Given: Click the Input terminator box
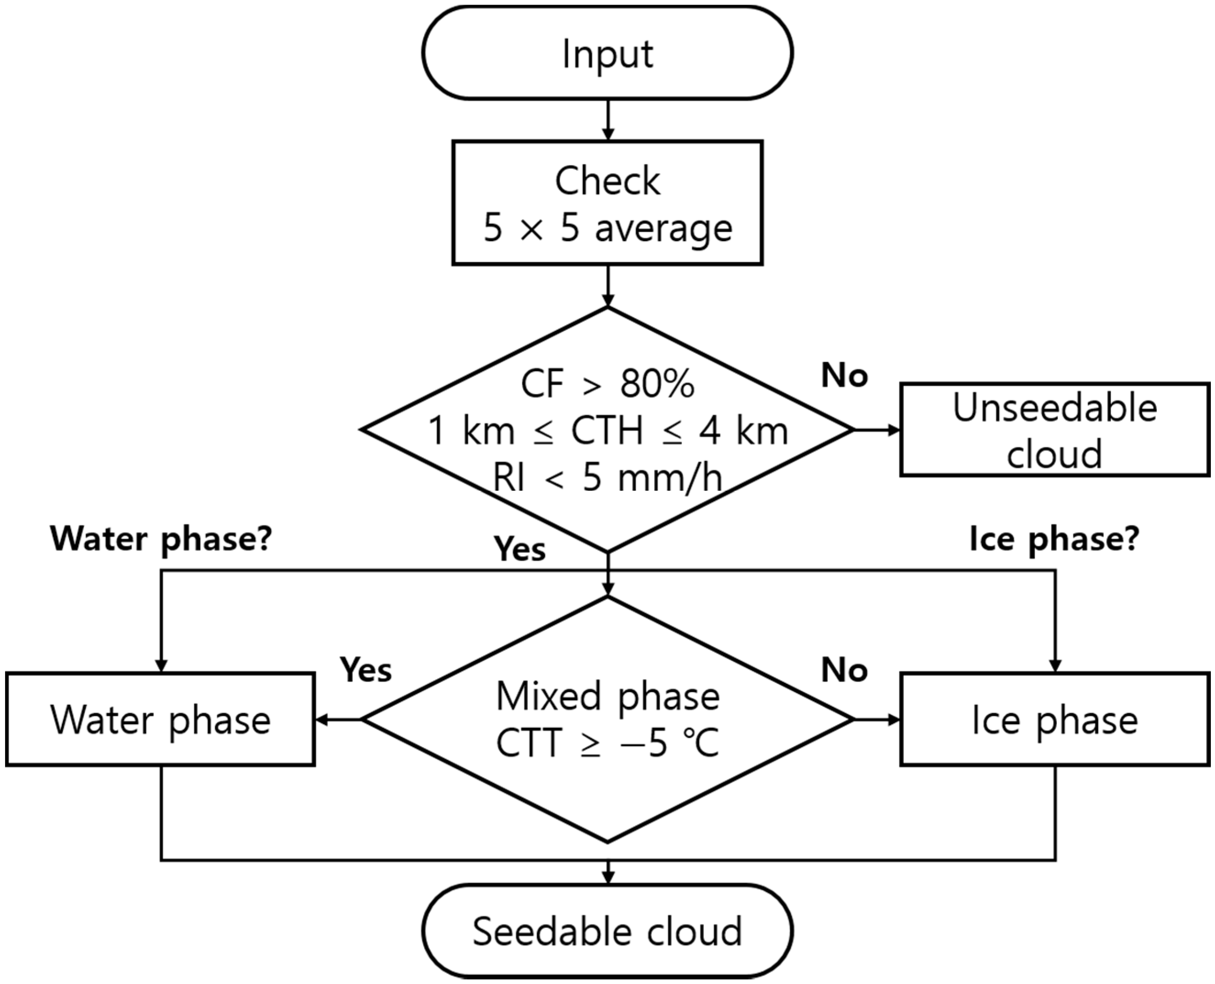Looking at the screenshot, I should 607,53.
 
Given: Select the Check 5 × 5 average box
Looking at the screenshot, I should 607,203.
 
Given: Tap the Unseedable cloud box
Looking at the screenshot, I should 1054,429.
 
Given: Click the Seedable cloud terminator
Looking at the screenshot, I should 607,931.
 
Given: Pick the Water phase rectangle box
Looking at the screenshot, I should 160,720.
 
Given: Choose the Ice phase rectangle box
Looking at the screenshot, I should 1054,720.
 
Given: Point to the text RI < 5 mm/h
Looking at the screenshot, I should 607,478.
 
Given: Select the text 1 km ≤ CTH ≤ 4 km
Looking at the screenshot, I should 607,431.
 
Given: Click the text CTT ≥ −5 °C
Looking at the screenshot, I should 607,742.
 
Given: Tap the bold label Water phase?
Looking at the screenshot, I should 161,539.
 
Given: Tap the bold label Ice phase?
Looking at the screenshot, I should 1054,539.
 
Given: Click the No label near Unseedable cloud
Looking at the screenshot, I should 844,376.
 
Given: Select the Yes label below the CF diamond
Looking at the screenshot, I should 519,549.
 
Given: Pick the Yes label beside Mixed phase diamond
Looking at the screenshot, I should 366,670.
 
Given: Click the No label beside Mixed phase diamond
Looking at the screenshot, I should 844,670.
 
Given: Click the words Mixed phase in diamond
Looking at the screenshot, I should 607,696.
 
